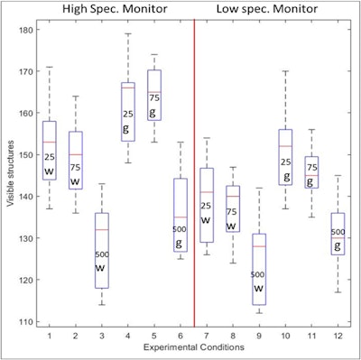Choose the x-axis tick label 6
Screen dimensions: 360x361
click(180, 336)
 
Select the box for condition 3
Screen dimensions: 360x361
click(102, 250)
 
